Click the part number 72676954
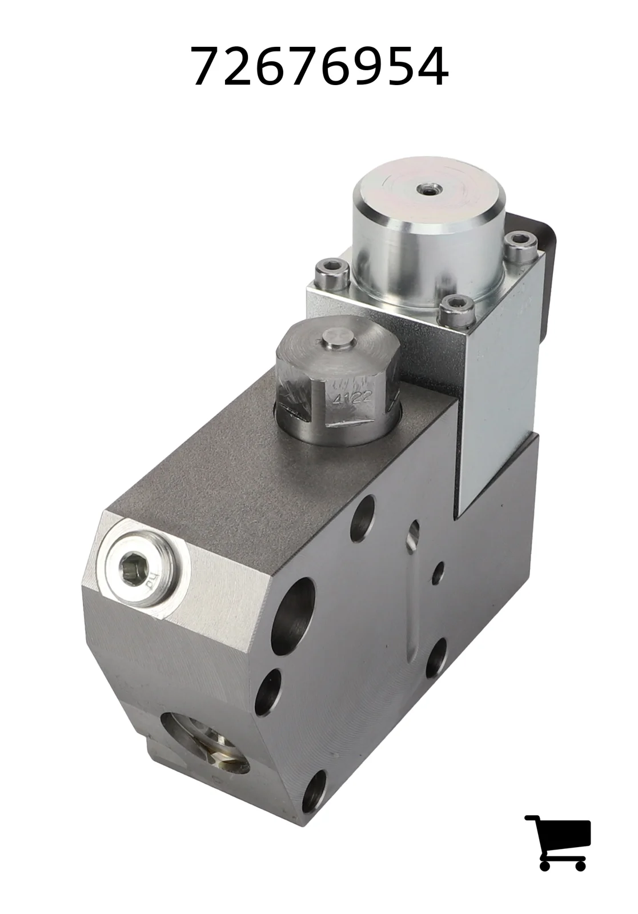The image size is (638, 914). pos(320,66)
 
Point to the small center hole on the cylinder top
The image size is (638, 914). pos(427,189)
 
